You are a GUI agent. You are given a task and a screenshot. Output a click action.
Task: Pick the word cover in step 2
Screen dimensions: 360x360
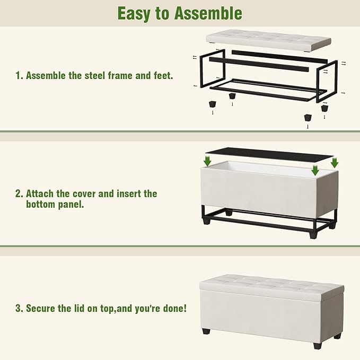click(88, 194)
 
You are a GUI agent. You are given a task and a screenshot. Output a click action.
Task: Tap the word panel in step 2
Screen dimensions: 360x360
click(70, 204)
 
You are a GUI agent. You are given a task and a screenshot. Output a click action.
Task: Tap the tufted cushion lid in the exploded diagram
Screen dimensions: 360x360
click(268, 38)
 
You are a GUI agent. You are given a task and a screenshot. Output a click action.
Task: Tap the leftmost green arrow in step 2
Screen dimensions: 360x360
click(207, 161)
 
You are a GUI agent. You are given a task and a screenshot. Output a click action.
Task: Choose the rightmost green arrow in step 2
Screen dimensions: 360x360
click(334, 162)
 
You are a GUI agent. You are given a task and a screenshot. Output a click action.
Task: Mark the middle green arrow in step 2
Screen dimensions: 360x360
click(315, 170)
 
